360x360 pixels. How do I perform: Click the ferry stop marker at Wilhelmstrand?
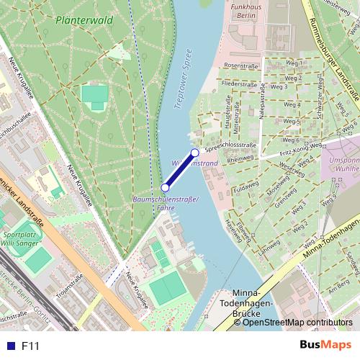click(194, 153)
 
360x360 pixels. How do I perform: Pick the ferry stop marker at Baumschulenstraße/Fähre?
click(165, 187)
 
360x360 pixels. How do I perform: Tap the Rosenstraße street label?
click(241, 65)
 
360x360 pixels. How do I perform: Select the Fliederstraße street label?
click(240, 84)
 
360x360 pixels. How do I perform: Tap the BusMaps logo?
click(325, 346)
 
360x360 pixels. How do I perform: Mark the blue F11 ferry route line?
click(180, 170)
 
